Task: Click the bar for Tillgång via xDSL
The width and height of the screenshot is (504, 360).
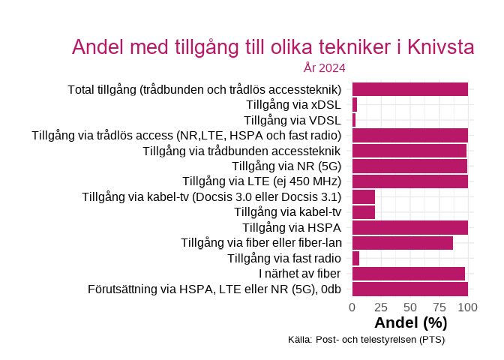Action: [x=355, y=105]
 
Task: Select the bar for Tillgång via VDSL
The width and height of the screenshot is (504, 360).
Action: [x=354, y=120]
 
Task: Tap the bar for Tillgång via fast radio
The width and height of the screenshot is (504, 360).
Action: [x=355, y=259]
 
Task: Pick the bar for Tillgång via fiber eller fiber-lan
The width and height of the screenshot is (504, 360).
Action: [x=403, y=243]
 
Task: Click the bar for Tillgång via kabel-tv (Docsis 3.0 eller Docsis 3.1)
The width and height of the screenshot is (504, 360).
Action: [x=364, y=197]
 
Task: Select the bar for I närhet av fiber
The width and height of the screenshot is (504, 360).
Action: [x=409, y=274]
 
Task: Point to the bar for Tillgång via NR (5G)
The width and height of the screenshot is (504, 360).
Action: [x=409, y=166]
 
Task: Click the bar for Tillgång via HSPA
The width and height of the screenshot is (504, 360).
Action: [x=410, y=228]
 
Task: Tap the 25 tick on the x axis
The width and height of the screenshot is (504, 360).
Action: [x=381, y=307]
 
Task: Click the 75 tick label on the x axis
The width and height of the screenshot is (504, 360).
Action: [x=439, y=307]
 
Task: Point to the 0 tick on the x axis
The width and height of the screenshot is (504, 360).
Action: [x=352, y=307]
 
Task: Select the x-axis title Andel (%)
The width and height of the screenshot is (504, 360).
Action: [x=410, y=323]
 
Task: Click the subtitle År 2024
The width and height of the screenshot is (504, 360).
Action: [x=324, y=68]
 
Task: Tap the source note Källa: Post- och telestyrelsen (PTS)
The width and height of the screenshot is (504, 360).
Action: [x=366, y=340]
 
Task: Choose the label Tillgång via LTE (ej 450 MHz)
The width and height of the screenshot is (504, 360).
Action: [x=262, y=181]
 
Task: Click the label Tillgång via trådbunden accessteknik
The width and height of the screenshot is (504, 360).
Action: [x=241, y=151]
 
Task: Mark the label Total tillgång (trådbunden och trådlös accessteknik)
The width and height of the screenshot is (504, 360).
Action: [x=204, y=90]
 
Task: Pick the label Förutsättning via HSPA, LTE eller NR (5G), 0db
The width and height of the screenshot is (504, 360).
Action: [x=214, y=289]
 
